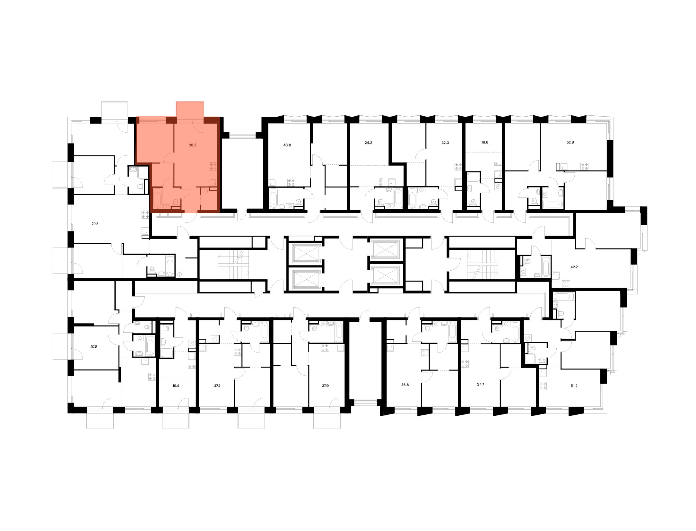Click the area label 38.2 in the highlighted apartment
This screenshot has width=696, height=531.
[x=192, y=145]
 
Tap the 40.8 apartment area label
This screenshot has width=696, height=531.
[x=287, y=145]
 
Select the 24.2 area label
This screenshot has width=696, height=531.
[x=368, y=143]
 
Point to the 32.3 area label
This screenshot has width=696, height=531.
[x=445, y=143]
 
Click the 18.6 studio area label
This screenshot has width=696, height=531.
[x=484, y=142]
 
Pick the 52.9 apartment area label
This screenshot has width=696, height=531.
[x=570, y=142]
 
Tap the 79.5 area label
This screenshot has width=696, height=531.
[x=95, y=224]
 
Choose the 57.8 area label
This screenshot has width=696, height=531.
[x=94, y=347]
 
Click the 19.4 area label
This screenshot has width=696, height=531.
[x=176, y=386]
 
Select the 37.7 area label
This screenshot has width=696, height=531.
[x=217, y=386]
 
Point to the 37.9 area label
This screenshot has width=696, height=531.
[x=325, y=386]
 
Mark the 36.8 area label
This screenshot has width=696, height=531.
[x=405, y=385]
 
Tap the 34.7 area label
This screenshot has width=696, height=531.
[x=481, y=385]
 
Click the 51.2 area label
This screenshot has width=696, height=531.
[x=574, y=386]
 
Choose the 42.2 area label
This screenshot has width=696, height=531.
[x=574, y=267]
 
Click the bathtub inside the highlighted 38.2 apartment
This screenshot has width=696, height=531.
[x=158, y=198]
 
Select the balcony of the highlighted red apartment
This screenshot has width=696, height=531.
[x=190, y=110]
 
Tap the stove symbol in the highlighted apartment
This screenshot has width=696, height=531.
[x=213, y=166]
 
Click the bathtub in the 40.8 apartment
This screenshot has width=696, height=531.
[x=274, y=198]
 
